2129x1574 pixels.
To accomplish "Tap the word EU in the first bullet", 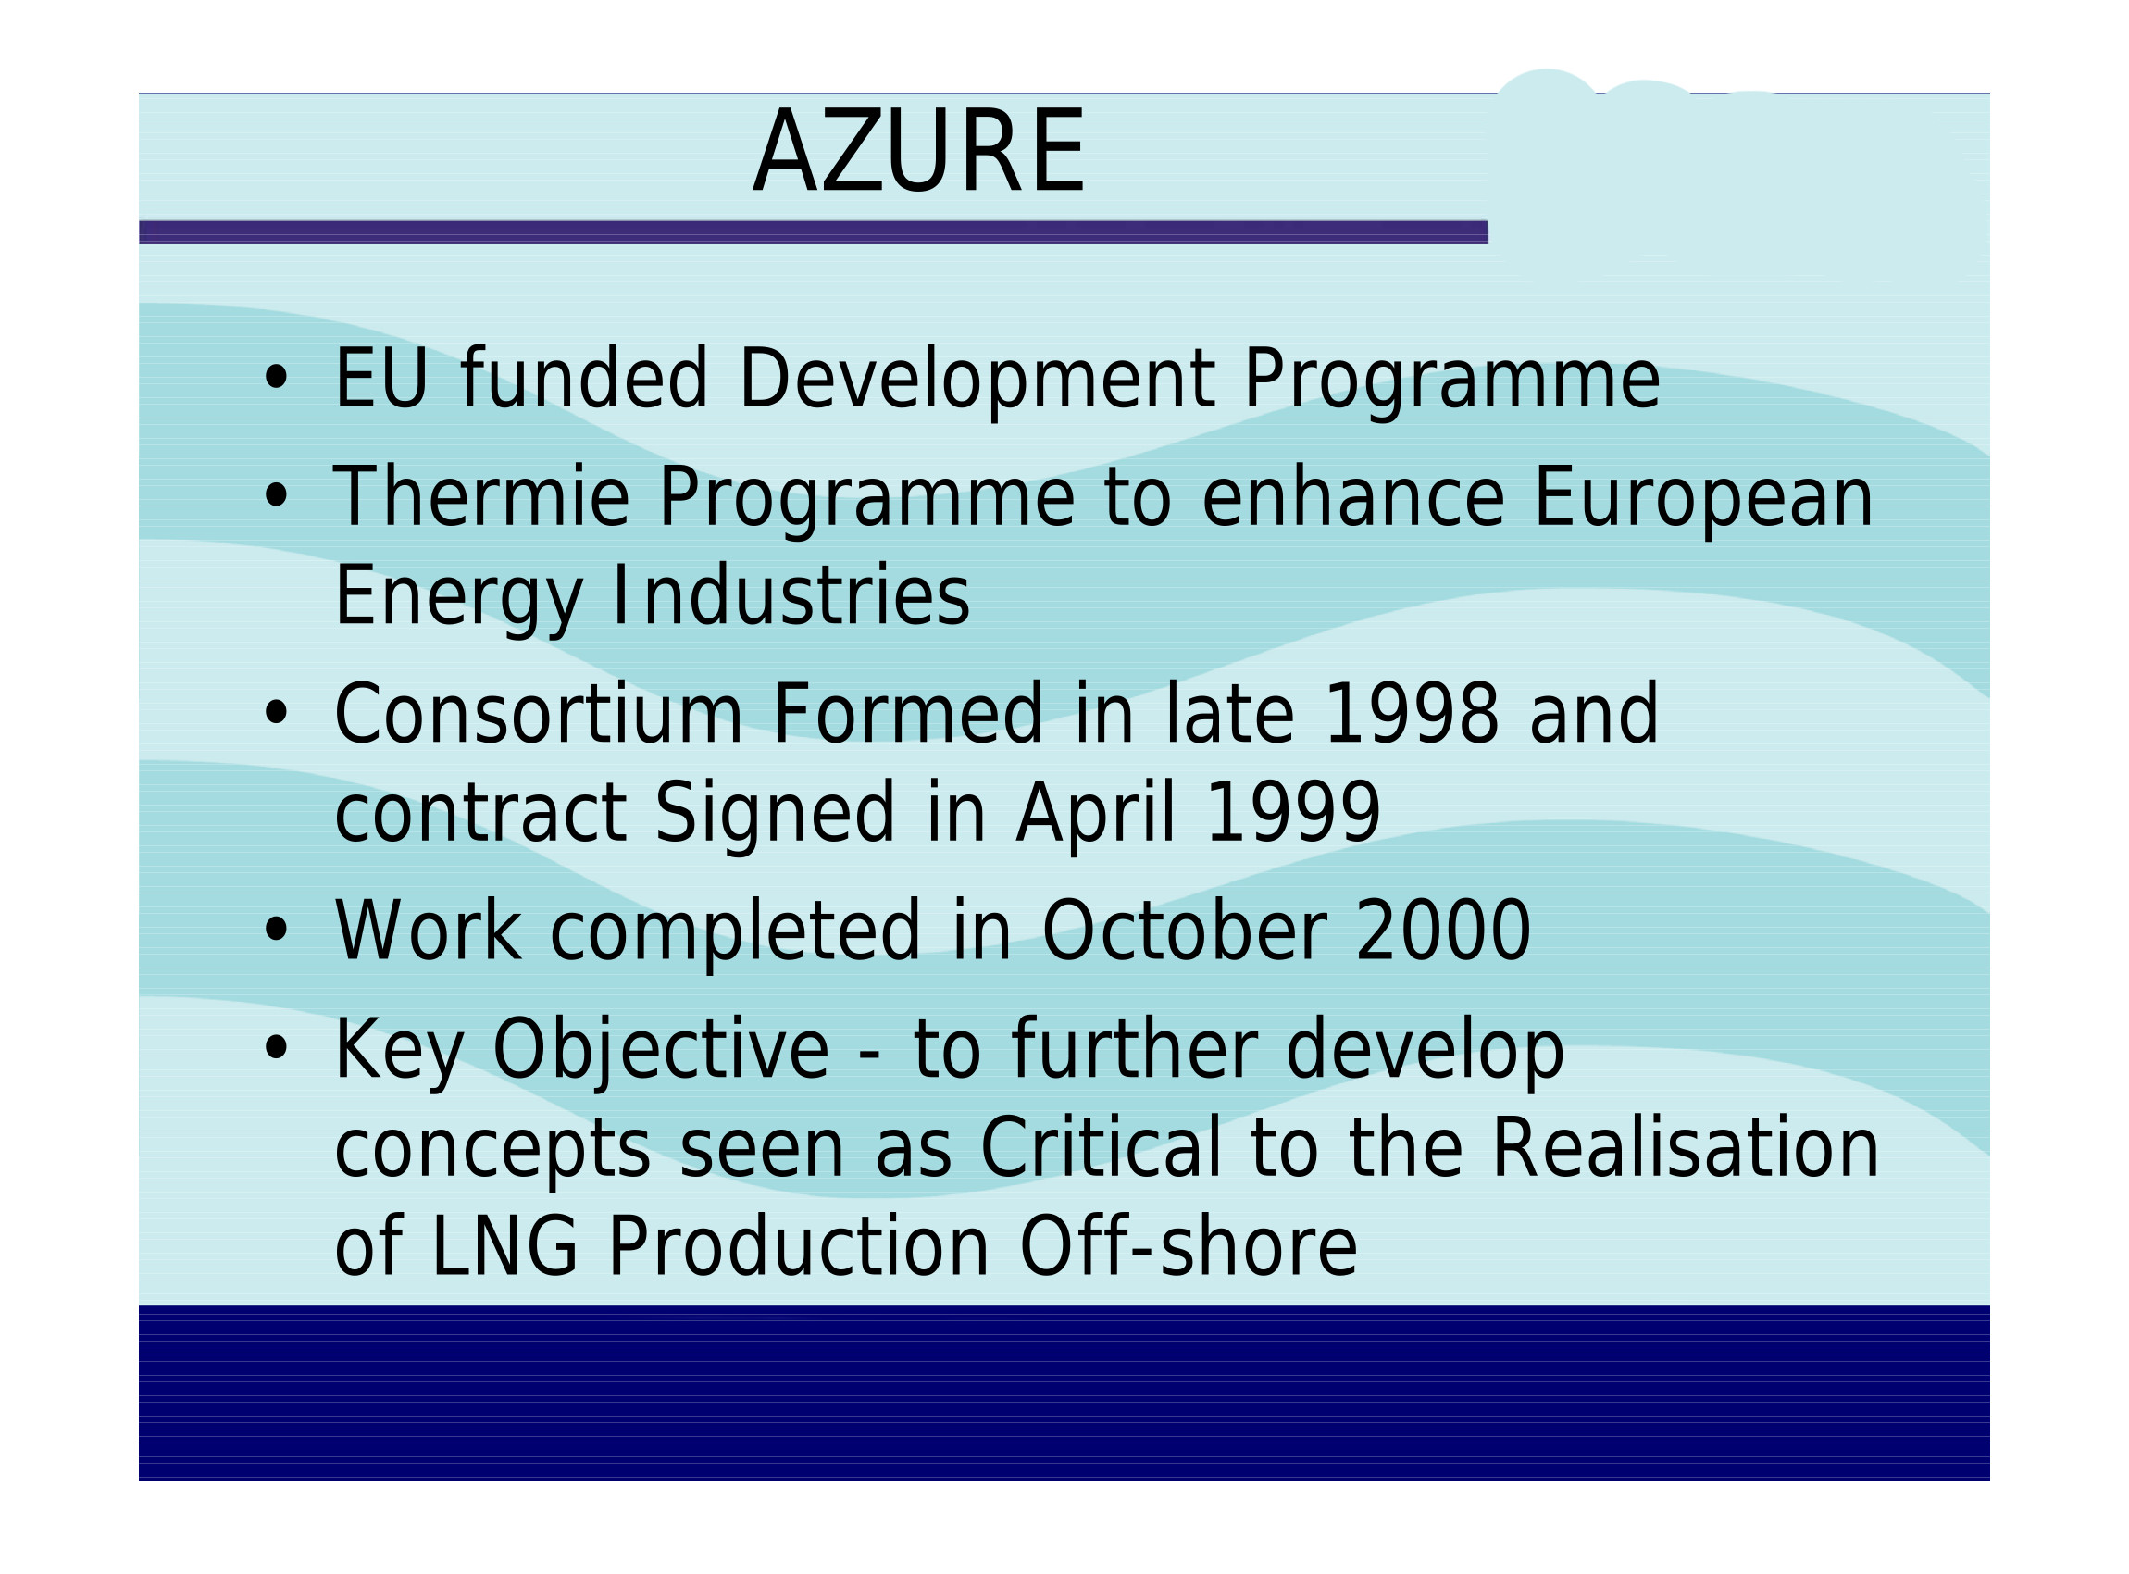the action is coord(380,380).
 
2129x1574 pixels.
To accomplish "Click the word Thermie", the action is coord(481,496).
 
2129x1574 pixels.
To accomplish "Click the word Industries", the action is coord(791,595).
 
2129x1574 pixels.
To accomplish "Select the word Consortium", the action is coord(538,714).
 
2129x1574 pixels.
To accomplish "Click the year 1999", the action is coord(1292,813).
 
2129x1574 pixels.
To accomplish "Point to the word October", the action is coord(1185,930).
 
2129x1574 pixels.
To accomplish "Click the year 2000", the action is coord(1443,930).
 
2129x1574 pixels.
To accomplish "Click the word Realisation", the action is coord(1685,1148).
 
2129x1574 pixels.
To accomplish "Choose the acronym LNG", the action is coord(504,1246).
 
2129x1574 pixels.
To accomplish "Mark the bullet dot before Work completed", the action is coord(276,929).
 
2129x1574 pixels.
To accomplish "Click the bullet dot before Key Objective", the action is coord(276,1048).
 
